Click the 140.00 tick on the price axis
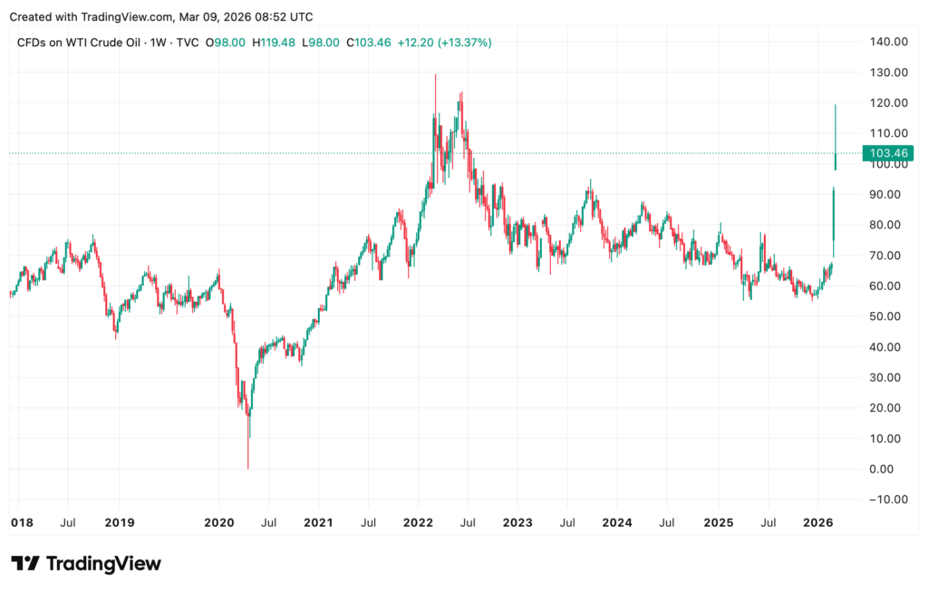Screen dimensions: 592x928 (889, 42)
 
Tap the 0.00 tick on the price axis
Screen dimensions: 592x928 (894, 469)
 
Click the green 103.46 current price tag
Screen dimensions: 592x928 (891, 153)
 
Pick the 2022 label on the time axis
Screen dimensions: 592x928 (418, 523)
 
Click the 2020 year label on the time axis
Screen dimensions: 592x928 (219, 523)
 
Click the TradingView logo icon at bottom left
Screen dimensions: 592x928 (24, 564)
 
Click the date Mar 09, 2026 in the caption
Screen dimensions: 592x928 (225, 17)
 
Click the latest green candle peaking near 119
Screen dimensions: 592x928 (835, 136)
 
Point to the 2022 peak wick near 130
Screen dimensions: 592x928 (435, 82)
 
